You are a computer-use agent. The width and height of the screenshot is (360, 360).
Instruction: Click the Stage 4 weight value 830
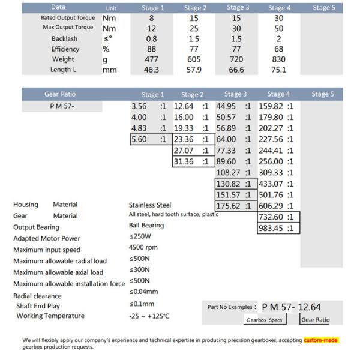coord(277,59)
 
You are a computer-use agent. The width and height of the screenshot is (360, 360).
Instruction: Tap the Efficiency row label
coord(65,49)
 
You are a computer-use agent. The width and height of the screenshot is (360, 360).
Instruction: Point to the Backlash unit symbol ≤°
coord(109,38)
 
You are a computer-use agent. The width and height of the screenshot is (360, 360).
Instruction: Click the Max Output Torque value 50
coord(278,28)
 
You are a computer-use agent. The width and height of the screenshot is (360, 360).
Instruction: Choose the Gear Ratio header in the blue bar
coord(60,94)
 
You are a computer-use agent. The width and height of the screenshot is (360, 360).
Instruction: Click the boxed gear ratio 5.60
coord(139,139)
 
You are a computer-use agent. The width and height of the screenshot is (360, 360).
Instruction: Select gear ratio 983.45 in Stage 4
coord(270,228)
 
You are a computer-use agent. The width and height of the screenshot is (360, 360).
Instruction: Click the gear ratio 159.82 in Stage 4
coord(270,106)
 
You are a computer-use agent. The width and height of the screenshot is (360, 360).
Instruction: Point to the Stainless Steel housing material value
coord(150,205)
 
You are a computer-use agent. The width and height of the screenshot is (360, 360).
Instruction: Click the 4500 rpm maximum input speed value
coord(143,247)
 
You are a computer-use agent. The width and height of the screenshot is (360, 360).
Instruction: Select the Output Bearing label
coord(37,227)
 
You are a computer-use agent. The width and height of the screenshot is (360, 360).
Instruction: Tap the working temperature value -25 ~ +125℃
coord(149,316)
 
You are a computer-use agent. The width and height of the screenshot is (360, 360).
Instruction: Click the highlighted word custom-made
coord(321,340)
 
